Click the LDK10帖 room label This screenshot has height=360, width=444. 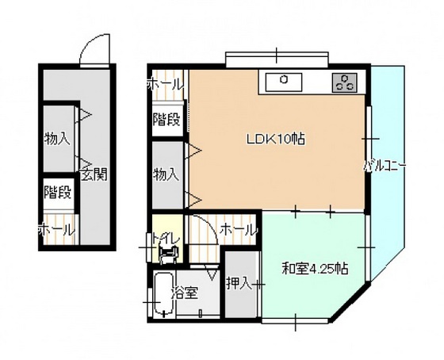276,139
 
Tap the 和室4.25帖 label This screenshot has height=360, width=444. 315,269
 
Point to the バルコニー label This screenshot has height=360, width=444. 385,166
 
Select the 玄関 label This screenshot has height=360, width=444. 94,174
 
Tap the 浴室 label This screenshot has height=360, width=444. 184,293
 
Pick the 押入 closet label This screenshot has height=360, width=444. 239,283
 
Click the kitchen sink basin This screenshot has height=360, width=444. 284,82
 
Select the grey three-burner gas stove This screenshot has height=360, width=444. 344,82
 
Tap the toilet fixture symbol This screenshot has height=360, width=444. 170,255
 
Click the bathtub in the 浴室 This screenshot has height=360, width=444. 163,294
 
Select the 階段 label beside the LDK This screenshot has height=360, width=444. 166,119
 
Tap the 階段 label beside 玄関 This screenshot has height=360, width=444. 57,193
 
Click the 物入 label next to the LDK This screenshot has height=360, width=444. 166,174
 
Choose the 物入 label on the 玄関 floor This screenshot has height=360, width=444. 57,139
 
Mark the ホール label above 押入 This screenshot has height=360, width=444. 238,229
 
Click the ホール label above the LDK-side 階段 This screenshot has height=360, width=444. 166,84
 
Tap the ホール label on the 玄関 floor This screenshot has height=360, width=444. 56,230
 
